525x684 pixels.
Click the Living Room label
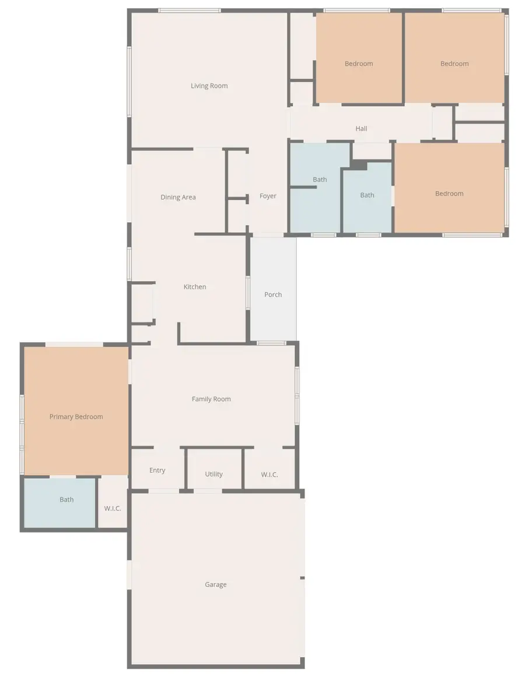coord(209,86)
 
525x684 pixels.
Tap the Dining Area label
coord(178,197)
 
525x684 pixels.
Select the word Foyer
coord(268,196)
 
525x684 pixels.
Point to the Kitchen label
coord(195,287)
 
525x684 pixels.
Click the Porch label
coord(273,294)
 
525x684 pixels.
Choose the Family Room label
coord(211,399)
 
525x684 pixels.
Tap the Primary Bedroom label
coord(76,416)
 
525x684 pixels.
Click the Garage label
coord(215,584)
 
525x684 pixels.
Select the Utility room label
coord(213,474)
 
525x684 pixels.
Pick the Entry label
coord(157,470)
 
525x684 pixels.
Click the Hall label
coord(361,128)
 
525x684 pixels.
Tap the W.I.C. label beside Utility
coord(269,475)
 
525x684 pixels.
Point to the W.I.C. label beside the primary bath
coord(113,508)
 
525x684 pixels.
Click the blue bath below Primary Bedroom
coord(60,503)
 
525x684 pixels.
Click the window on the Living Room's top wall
coord(190,10)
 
